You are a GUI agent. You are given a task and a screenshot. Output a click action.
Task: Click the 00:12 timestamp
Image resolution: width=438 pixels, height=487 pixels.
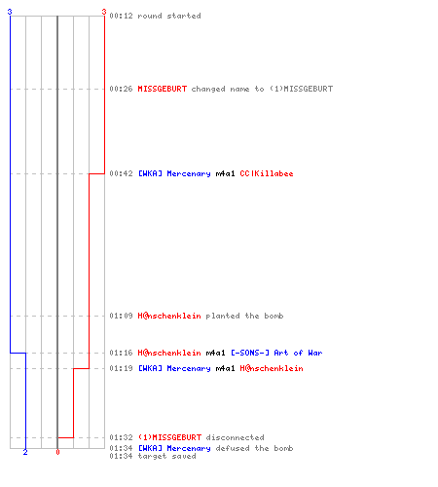pyautogui.click(x=121, y=16)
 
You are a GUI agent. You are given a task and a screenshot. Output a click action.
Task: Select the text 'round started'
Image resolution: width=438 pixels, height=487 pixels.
pyautogui.click(x=169, y=16)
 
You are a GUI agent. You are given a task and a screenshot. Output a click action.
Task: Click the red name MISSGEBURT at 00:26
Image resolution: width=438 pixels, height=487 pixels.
pyautogui.click(x=163, y=89)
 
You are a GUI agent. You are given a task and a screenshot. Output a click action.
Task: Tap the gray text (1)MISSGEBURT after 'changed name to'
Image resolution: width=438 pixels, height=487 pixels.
pyautogui.click(x=301, y=89)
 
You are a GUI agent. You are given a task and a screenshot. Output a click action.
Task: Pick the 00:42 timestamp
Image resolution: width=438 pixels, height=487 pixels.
pyautogui.click(x=121, y=173)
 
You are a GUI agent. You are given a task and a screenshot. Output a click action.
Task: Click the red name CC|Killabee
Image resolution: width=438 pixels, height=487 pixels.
pyautogui.click(x=267, y=173)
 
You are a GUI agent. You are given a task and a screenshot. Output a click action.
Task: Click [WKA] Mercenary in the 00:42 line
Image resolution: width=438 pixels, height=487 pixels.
pyautogui.click(x=174, y=173)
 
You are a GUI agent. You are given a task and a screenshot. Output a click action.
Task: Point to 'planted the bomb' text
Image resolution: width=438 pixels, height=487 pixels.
pyautogui.click(x=244, y=316)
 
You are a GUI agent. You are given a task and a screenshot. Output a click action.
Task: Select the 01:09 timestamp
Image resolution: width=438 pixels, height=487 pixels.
pyautogui.click(x=121, y=316)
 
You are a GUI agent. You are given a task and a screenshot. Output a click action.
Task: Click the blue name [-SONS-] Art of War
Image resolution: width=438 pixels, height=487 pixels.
pyautogui.click(x=276, y=353)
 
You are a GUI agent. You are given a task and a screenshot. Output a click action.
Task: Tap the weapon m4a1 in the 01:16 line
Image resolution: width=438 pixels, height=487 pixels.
pyautogui.click(x=215, y=353)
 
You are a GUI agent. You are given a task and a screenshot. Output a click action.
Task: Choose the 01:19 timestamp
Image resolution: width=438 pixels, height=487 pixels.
pyautogui.click(x=121, y=368)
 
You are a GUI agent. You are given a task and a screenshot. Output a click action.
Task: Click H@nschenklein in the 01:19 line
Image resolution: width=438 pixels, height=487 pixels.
pyautogui.click(x=272, y=368)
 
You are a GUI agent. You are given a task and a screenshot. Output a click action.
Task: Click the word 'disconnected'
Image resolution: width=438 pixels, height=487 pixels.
pyautogui.click(x=235, y=437)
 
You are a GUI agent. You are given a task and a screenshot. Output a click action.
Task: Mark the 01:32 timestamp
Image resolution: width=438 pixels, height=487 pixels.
pyautogui.click(x=121, y=437)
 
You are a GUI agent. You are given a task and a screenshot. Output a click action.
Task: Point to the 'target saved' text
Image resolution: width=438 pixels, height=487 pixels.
pyautogui.click(x=166, y=456)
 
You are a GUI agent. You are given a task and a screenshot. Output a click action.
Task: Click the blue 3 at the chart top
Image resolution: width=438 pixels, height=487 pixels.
pyautogui.click(x=10, y=12)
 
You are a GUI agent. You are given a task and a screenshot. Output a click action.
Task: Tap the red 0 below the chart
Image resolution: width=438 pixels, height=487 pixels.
pyautogui.click(x=57, y=452)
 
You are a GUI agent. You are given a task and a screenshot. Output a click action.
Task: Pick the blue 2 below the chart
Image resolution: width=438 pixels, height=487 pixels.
pyautogui.click(x=25, y=452)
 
